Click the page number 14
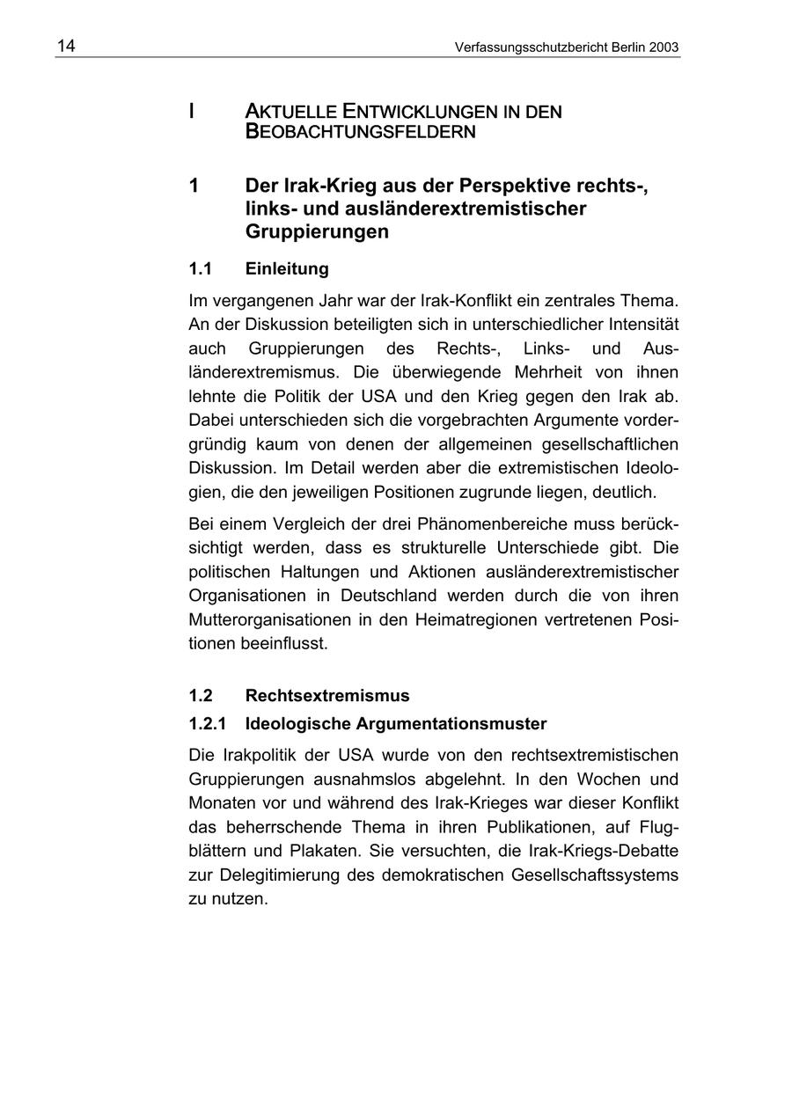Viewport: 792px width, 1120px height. coord(66,47)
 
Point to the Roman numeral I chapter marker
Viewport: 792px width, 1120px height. coord(191,112)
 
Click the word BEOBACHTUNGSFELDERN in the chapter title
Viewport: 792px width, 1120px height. coord(361,133)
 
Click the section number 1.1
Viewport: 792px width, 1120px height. coord(201,268)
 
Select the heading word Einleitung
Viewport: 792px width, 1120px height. coord(287,268)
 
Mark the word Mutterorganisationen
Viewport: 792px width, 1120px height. coord(269,619)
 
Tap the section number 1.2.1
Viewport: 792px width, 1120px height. coord(207,724)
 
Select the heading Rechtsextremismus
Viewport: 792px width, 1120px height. coord(327,696)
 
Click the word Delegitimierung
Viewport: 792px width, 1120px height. coord(275,875)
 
